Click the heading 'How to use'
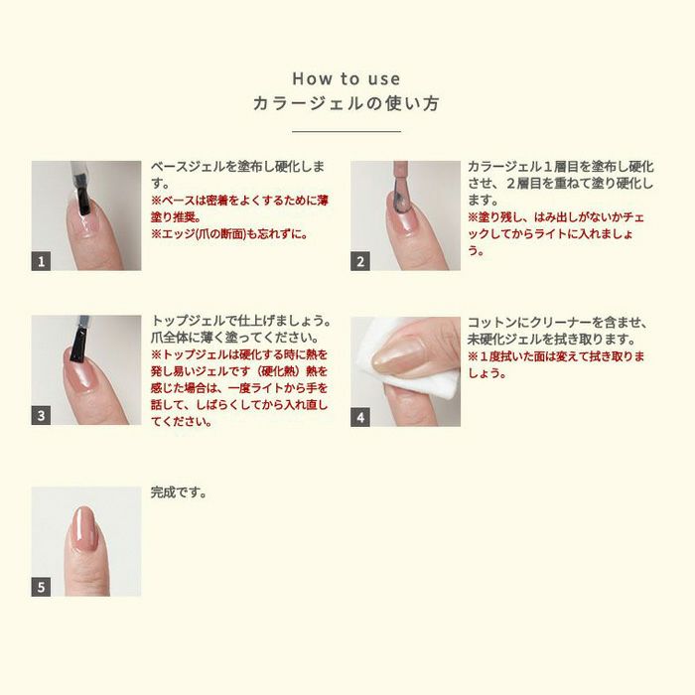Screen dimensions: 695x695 point(347,78)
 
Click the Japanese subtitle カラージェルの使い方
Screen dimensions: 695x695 point(347,103)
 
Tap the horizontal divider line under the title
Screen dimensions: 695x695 point(347,131)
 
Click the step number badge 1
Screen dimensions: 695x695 point(41,261)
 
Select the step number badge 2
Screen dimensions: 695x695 point(360,261)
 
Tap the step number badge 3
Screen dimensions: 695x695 point(41,416)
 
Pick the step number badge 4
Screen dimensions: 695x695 point(360,417)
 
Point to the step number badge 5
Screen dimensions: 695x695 point(41,587)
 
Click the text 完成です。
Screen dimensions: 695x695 point(179,492)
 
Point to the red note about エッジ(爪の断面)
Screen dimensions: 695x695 point(229,234)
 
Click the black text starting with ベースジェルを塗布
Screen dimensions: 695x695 point(237,175)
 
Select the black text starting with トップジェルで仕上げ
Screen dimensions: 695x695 point(240,330)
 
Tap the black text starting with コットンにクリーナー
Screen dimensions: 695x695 point(557,330)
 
